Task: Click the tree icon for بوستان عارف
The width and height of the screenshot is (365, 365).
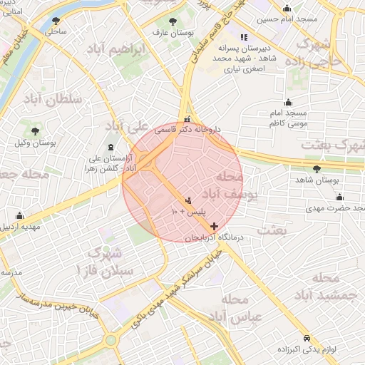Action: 172,21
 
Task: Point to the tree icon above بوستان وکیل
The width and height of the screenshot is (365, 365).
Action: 35,131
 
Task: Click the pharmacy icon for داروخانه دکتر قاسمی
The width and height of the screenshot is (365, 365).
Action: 187,120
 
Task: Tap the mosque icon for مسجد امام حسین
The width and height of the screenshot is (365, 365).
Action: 287,9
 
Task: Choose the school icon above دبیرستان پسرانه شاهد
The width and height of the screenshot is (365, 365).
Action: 244,37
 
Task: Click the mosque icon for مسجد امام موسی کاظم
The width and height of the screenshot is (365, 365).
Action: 288,102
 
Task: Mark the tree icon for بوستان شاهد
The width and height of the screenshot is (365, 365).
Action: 317,169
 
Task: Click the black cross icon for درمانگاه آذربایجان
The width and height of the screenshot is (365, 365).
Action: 215,226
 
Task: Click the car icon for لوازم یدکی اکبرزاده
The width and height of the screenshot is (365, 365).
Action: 307,338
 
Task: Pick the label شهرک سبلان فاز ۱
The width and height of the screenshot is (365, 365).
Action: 107,261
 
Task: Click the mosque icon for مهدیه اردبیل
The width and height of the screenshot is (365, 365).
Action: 19,215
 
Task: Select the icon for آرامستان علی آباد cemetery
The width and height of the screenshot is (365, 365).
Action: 110,147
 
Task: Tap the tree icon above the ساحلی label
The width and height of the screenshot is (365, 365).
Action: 56,21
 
